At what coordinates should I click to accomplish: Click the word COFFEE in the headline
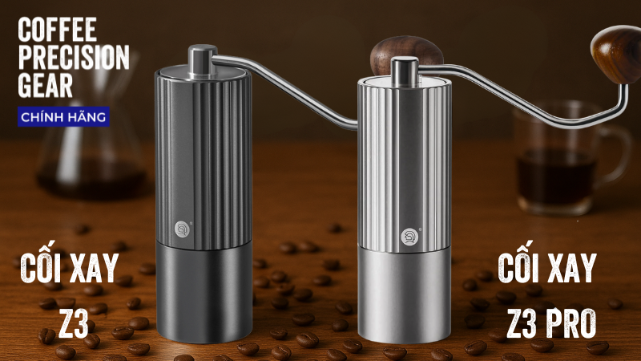pos(57,30)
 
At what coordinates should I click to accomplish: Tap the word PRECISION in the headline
pos(74,57)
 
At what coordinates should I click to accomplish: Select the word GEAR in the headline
pos(46,85)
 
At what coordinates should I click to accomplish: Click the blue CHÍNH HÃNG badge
pos(63,117)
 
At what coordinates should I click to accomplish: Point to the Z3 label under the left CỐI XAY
pos(74,323)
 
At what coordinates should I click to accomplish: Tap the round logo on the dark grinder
pos(182,229)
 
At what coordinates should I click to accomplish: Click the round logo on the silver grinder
pos(409,237)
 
